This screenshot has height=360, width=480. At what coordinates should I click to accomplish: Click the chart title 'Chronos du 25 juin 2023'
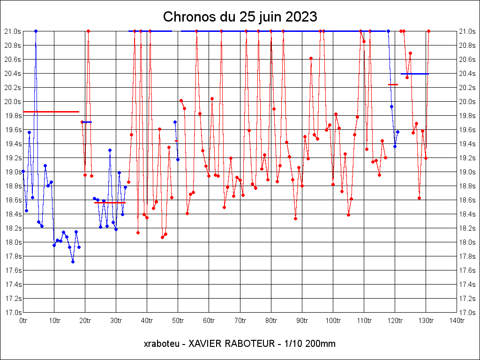pyautogui.click(x=240, y=17)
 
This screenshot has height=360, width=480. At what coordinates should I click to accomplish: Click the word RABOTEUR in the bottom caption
pyautogui.click(x=247, y=344)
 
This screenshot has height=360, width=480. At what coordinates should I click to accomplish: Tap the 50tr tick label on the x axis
pyautogui.click(x=178, y=321)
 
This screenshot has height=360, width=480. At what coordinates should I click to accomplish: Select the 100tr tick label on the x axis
pyautogui.click(x=333, y=321)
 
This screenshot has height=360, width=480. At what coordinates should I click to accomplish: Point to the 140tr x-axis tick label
pyautogui.click(x=457, y=321)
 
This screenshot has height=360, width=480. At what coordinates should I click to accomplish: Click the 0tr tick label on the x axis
pyautogui.click(x=23, y=321)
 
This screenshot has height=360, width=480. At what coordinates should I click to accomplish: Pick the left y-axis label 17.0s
pyautogui.click(x=12, y=312)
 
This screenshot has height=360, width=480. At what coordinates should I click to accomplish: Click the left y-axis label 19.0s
pyautogui.click(x=12, y=172)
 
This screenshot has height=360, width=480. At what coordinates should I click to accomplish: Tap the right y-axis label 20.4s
pyautogui.click(x=467, y=73)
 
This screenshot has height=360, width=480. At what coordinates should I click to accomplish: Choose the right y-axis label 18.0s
pyautogui.click(x=467, y=242)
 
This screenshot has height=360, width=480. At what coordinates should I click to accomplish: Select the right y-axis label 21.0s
pyautogui.click(x=467, y=31)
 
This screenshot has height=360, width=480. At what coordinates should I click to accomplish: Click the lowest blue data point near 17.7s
pyautogui.click(x=73, y=262)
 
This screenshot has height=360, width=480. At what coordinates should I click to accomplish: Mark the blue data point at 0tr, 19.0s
pyautogui.click(x=23, y=172)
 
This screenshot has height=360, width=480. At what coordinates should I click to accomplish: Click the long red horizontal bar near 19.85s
pyautogui.click(x=51, y=112)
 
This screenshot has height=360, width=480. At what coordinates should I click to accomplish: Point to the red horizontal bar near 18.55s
pyautogui.click(x=110, y=202)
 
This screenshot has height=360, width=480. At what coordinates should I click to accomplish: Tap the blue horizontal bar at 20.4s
pyautogui.click(x=415, y=74)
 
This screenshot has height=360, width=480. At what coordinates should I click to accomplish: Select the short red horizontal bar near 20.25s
pyautogui.click(x=393, y=84)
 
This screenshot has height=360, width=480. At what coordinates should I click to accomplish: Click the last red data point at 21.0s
pyautogui.click(x=428, y=31)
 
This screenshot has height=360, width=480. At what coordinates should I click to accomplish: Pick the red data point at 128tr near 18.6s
pyautogui.click(x=419, y=198)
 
